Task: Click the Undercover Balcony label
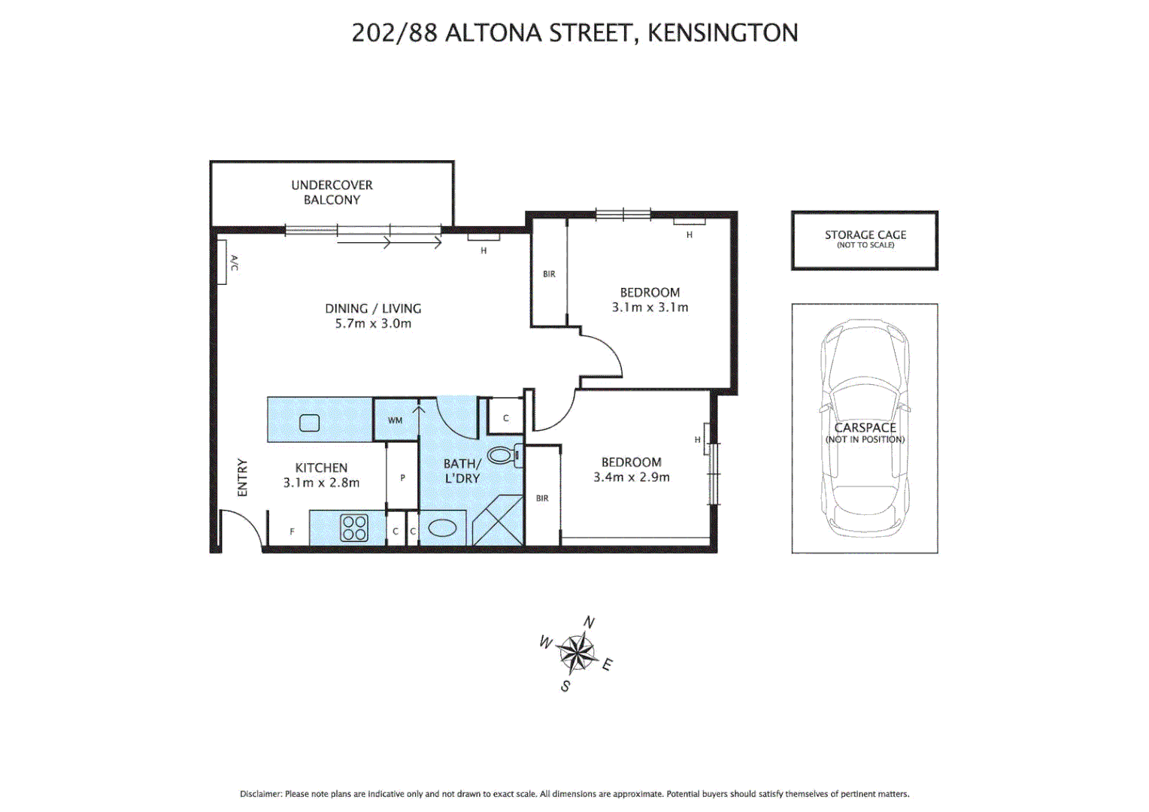(332, 192)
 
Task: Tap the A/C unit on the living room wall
(223, 262)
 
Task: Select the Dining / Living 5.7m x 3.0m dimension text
(373, 324)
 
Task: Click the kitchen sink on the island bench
(310, 423)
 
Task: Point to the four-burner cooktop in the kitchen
(354, 528)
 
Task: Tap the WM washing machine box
(396, 420)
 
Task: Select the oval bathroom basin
(442, 529)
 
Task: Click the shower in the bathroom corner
(497, 520)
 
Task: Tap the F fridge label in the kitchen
(293, 532)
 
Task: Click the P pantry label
(402, 478)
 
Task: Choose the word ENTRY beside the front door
(242, 477)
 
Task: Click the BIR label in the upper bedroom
(549, 274)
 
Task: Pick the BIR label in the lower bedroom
(542, 498)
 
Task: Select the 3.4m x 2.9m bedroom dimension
(632, 477)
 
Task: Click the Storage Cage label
(865, 235)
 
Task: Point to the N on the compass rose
(590, 623)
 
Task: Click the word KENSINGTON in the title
(723, 33)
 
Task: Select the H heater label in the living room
(484, 250)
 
